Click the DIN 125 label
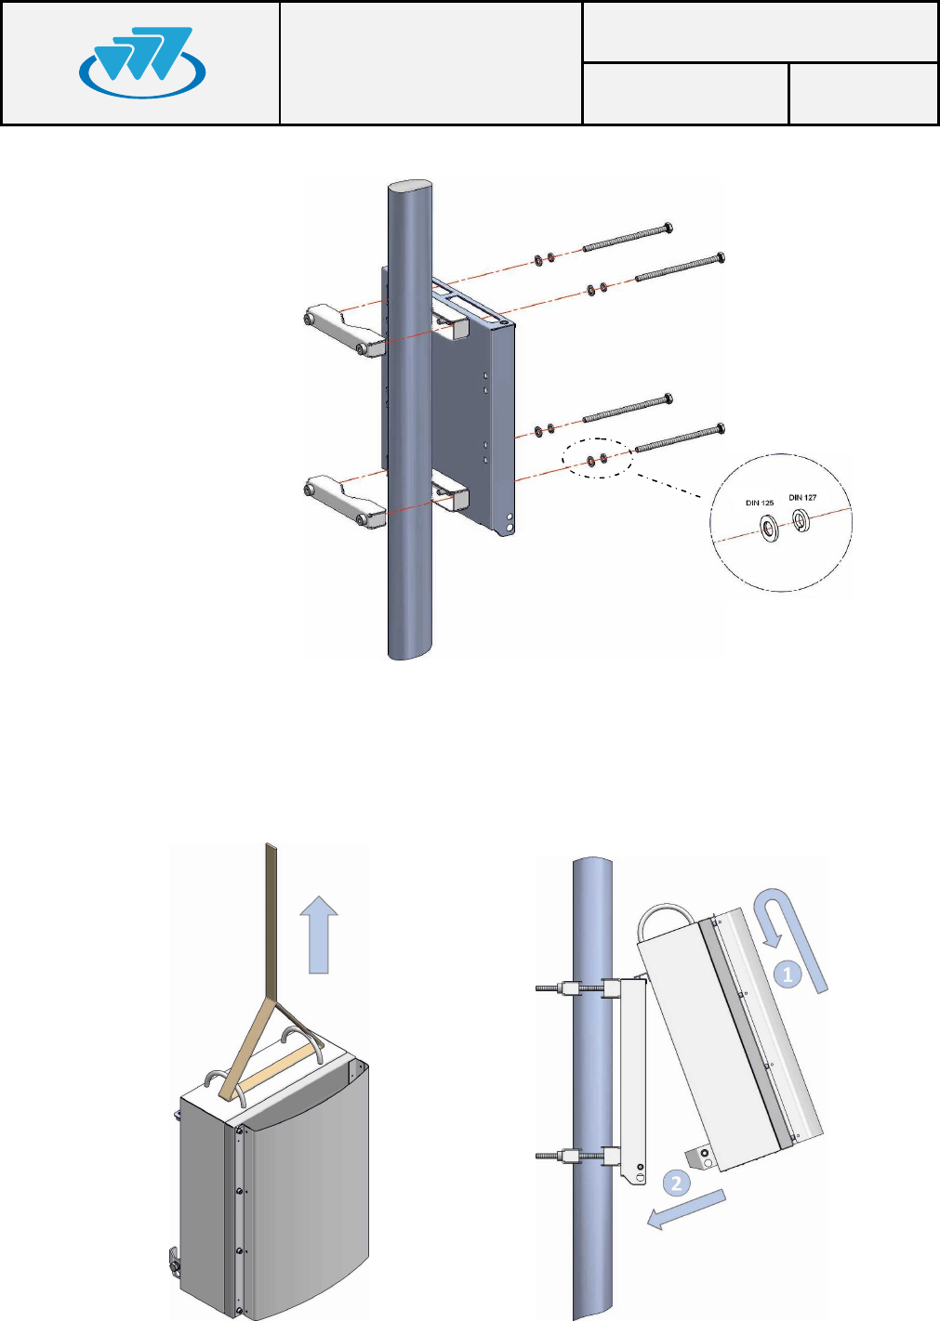(x=760, y=504)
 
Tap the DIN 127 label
(x=802, y=498)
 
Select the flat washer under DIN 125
(x=771, y=530)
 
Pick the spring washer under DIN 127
(x=801, y=523)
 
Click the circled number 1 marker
(x=788, y=974)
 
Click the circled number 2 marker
(x=676, y=1184)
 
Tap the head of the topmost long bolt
(x=668, y=228)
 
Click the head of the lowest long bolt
(x=720, y=429)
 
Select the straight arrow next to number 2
(x=685, y=1210)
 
